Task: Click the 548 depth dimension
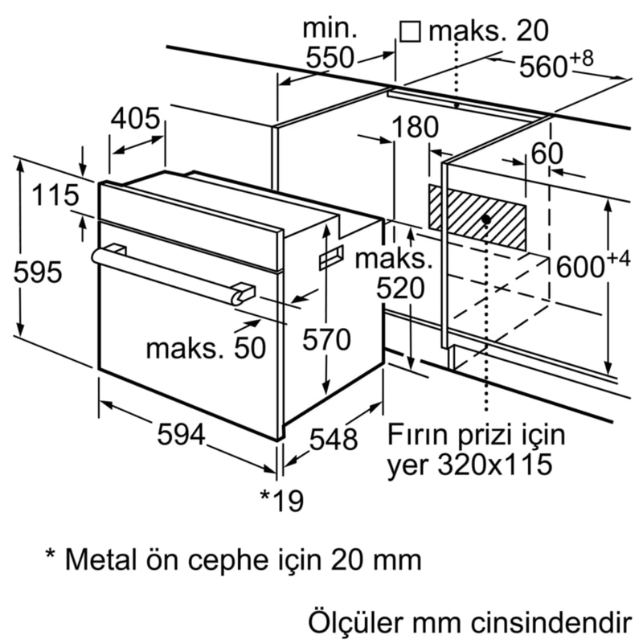(334, 439)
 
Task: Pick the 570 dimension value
(326, 340)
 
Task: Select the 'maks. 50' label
(205, 347)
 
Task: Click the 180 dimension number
(416, 127)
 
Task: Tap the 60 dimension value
(547, 154)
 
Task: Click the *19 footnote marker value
(281, 501)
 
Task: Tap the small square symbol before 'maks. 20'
(411, 31)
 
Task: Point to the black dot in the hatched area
(486, 219)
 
